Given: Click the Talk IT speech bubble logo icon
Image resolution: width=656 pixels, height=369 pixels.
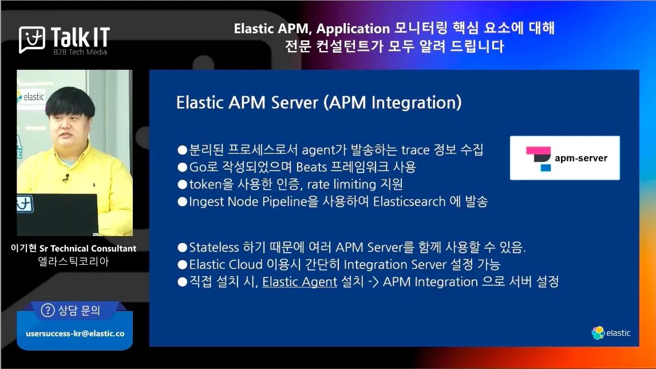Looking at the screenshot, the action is [32, 40].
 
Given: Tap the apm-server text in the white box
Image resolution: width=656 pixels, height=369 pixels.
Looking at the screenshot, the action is [580, 158].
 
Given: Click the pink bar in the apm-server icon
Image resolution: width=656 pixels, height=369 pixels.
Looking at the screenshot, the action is [538, 151].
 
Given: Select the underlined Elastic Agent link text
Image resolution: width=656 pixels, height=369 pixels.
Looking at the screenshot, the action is [299, 282].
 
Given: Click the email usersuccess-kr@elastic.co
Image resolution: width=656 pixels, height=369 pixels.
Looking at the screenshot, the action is [76, 333].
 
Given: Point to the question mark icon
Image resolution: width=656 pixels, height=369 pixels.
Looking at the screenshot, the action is [48, 311].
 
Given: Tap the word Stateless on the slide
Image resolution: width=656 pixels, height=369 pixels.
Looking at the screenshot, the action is [214, 247].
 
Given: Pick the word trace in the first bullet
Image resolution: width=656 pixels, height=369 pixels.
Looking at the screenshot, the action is [415, 150].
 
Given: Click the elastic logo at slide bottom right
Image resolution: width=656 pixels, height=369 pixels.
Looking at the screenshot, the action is [611, 333].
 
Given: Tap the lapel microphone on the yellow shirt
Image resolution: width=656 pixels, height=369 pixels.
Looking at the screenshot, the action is [66, 178].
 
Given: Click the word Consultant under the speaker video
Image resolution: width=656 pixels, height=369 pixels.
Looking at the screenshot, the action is [113, 248].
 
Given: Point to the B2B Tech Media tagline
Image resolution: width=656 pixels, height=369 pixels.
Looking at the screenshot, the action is [80, 52].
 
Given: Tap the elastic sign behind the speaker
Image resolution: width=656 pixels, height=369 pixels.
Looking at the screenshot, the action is [30, 97].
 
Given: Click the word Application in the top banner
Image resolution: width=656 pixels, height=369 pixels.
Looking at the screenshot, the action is [353, 29].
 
